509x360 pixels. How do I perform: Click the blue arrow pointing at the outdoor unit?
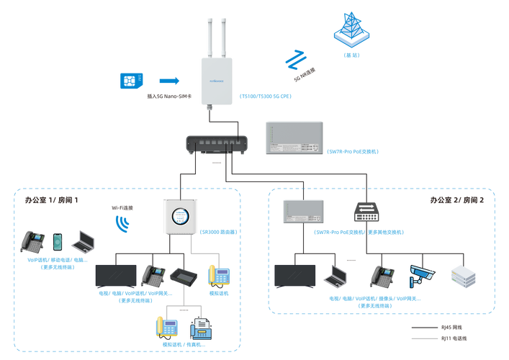[x=169, y=80]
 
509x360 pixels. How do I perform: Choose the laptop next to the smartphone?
[x=83, y=242]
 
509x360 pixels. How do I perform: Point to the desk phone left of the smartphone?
[x=32, y=241]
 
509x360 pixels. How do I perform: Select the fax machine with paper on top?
[x=201, y=330]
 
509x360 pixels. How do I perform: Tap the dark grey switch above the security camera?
[x=367, y=212]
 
